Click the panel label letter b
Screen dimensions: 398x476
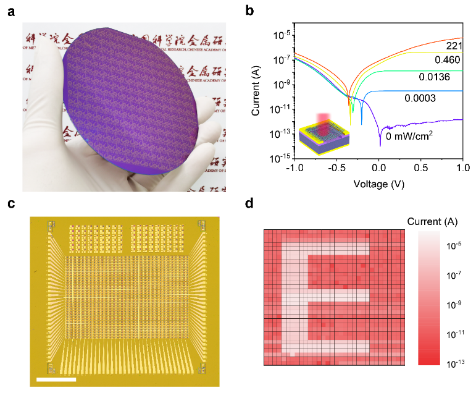(249, 11)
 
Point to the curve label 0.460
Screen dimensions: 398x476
(447, 60)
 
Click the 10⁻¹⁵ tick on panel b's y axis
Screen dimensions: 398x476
(274, 158)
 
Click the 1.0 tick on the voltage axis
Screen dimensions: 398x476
(463, 168)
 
